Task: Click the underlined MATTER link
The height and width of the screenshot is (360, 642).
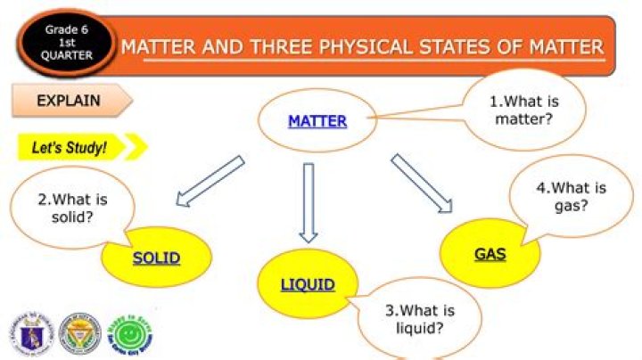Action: (317, 120)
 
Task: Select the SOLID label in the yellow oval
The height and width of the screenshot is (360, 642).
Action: (157, 258)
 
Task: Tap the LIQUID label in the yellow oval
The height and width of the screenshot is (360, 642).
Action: (308, 285)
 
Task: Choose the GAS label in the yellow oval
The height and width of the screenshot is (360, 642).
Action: (490, 254)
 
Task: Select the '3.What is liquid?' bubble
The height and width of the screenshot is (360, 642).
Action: (420, 319)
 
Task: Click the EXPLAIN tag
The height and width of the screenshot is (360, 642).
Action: (69, 101)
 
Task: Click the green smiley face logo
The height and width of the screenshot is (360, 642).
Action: (107, 333)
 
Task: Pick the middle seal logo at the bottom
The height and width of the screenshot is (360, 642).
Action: (68, 333)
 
